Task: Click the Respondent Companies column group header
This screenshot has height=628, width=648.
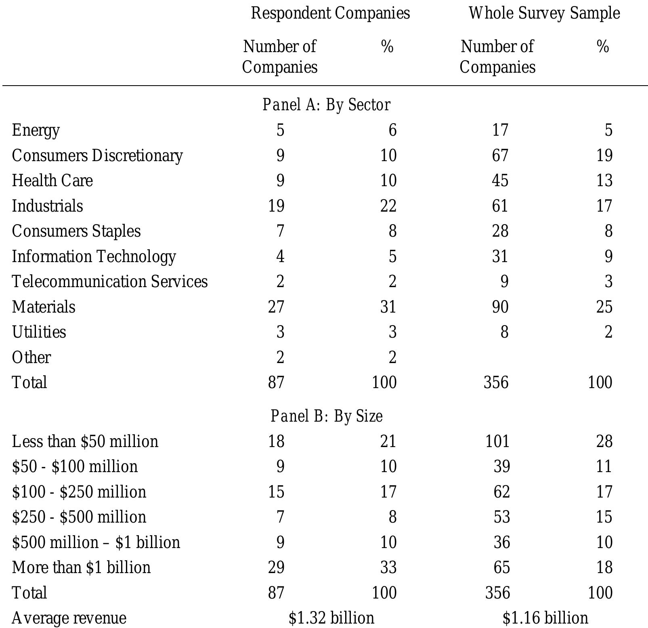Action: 330,13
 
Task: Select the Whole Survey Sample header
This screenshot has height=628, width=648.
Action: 544,13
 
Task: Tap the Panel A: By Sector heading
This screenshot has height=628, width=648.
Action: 326,105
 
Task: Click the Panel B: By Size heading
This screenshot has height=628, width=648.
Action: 326,416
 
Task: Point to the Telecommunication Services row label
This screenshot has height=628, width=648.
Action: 110,281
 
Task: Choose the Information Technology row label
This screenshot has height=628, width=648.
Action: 94,256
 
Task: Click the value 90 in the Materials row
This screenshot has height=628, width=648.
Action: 500,307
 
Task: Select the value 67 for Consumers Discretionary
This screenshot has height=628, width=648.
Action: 500,155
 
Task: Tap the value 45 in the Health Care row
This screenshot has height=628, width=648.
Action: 500,181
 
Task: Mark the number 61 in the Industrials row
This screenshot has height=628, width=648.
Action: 500,206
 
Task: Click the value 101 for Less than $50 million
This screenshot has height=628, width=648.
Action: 497,441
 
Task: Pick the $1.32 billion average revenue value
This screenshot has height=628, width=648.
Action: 331,618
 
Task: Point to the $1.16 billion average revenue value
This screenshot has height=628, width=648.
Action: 545,618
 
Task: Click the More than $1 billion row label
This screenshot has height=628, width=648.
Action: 82,567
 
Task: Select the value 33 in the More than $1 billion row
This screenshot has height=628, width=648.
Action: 388,567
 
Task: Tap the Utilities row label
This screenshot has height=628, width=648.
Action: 39,332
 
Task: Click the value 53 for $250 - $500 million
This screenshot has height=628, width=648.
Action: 501,517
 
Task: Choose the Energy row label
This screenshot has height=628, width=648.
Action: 36,130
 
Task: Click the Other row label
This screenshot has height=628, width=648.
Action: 31,357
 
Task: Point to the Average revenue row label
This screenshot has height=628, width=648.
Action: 69,618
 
